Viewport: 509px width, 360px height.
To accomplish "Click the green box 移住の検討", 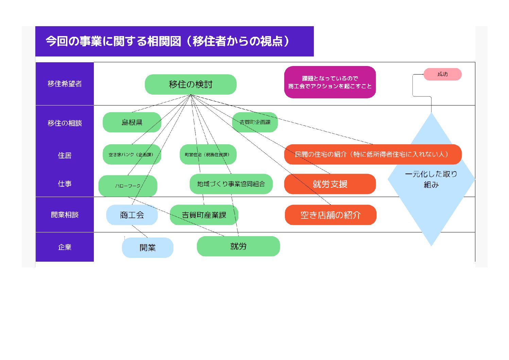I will pos(190,84).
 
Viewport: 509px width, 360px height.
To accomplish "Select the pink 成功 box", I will pos(442,74).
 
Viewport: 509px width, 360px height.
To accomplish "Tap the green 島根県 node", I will pos(132,122).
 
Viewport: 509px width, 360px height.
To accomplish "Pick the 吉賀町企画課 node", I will pos(255,122).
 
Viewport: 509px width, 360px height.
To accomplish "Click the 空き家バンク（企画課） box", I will pos(132,154).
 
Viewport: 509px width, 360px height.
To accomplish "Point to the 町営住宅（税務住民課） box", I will pos(208,154).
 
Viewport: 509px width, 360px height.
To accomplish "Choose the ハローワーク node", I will pos(128,186).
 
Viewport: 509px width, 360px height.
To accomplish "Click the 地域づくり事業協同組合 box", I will pos(231,184).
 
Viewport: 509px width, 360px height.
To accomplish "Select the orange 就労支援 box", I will pos(330,184).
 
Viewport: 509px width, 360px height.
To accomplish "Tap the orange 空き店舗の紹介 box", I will pos(330,215).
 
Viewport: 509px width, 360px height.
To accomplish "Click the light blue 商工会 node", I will pos(132,215).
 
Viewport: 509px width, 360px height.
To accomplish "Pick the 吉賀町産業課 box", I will pos(204,215).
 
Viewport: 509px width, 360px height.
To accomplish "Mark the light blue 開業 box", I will pos(148,248).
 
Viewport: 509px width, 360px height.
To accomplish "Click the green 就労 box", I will pos(238,246).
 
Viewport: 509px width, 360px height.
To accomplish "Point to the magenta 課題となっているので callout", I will pos(330,82).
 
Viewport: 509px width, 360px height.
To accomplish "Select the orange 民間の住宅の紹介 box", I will pos(373,154).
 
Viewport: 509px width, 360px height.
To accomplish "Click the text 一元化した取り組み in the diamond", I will pos(431,179).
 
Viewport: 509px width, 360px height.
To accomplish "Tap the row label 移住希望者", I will pos(65,84).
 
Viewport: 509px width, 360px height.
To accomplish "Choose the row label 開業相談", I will pos(65,215).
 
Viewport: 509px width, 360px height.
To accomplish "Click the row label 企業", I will pos(65,247).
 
